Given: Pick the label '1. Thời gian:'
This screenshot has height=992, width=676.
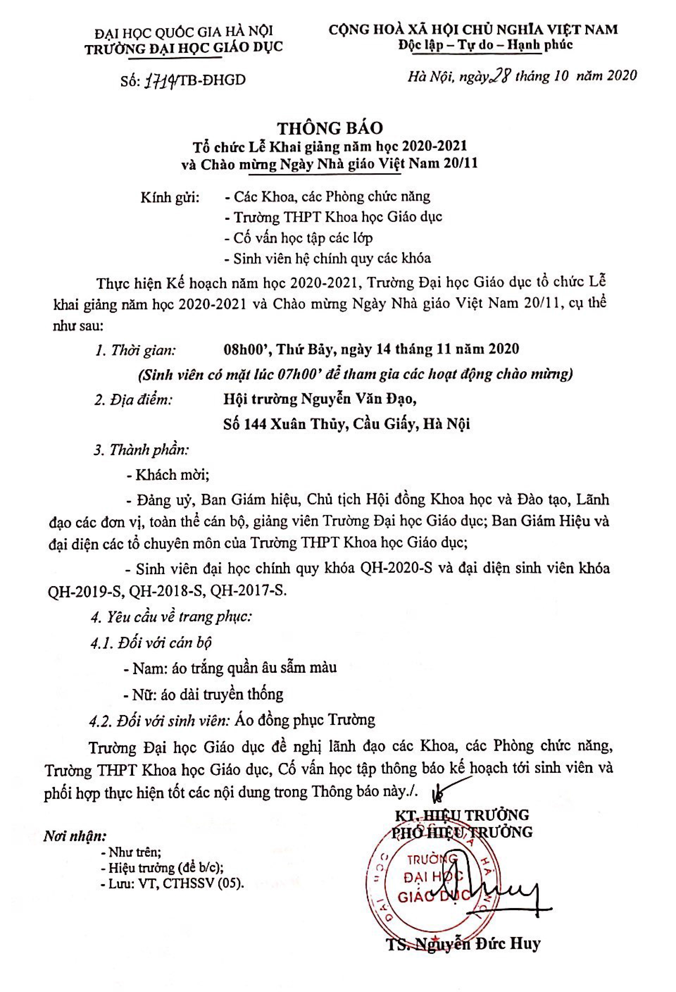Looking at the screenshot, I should (x=136, y=350).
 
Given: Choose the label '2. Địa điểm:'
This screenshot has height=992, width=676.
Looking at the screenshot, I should (x=133, y=400).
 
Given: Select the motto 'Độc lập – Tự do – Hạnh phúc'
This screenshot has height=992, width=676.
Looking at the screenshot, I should (x=485, y=44).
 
